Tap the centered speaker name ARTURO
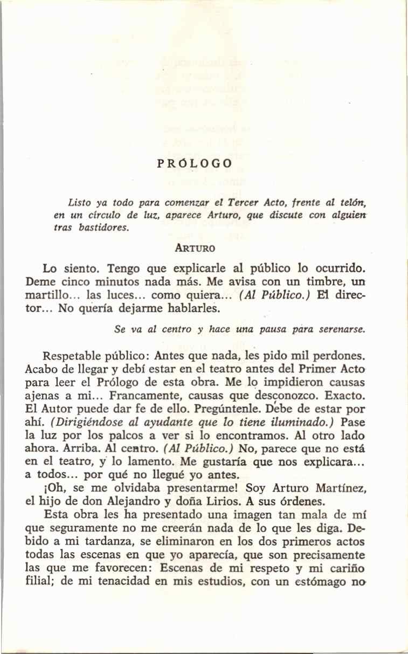tap(196, 249)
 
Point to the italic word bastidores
tap(105, 228)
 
